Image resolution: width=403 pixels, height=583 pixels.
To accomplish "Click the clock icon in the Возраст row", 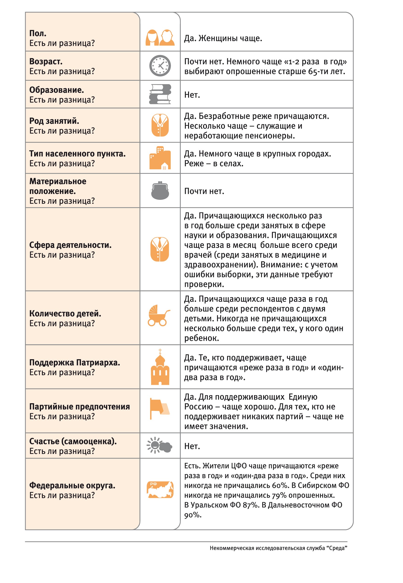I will click(x=160, y=66).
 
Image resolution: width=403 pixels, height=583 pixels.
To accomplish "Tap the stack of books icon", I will click(x=160, y=94).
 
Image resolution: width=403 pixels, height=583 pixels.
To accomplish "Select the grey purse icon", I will click(x=160, y=191).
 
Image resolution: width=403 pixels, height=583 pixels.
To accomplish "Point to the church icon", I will click(x=160, y=367).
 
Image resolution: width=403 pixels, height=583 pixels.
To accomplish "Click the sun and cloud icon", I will click(x=159, y=445).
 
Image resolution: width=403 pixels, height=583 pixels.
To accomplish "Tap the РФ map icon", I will click(x=160, y=490).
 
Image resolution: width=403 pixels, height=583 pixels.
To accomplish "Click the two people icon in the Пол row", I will click(x=160, y=38).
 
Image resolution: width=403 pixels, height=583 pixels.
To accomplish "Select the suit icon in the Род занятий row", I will click(x=160, y=125).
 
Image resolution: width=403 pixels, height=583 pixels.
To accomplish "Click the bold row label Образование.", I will click(x=56, y=90).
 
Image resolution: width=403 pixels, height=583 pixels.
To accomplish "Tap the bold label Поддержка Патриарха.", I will click(x=74, y=362).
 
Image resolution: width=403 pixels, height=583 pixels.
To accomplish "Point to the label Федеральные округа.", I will click(x=72, y=485).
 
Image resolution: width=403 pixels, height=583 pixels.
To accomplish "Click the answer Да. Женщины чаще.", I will click(x=223, y=38).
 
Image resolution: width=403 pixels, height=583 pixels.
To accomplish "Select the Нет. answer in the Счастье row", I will click(x=192, y=446).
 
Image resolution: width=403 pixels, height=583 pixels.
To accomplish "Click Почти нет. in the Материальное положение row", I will click(x=204, y=191).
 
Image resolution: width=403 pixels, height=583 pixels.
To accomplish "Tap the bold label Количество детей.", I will click(x=65, y=313).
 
